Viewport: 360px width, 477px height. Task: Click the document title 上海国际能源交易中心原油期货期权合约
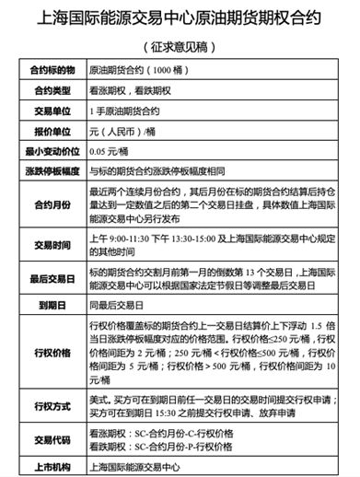(x=179, y=17)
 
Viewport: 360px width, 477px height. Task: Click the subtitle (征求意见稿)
(x=180, y=47)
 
